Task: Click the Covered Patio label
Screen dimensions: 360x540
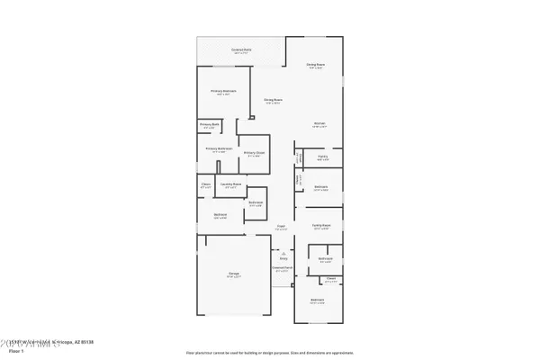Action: [x=241, y=49]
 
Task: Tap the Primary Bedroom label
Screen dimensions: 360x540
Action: [x=223, y=91]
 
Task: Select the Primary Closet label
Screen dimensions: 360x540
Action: [x=254, y=153]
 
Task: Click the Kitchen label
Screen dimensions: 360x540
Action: [x=319, y=123]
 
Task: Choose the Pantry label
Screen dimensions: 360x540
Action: [x=322, y=157]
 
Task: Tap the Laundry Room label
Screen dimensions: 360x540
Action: [x=229, y=184]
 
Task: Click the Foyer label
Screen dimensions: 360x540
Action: [x=281, y=226]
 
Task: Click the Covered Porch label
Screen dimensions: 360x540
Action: [x=282, y=267]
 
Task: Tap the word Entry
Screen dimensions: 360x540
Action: [x=282, y=258]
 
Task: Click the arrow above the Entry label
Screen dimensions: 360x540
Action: [x=282, y=252]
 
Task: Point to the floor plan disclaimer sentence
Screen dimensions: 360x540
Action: [x=269, y=353]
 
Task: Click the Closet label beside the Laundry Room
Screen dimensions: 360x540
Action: [x=206, y=184]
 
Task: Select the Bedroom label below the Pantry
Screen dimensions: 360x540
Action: [x=320, y=187]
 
